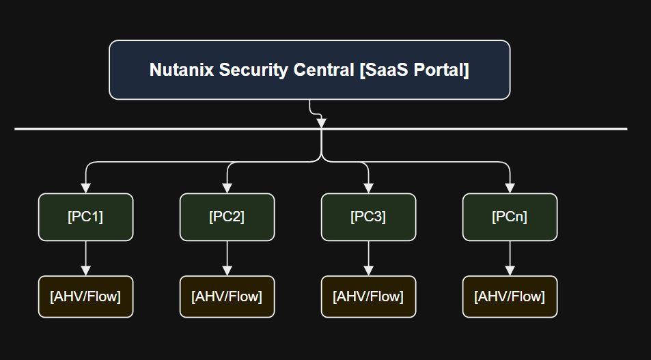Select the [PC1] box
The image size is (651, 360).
point(85,217)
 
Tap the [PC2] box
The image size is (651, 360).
point(227,217)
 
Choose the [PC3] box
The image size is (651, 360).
point(368,217)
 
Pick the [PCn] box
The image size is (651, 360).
point(510,217)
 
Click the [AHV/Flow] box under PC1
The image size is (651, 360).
point(85,296)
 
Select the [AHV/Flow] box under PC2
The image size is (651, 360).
point(227,296)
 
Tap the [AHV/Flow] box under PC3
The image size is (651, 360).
point(368,296)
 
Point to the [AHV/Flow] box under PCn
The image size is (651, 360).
point(510,296)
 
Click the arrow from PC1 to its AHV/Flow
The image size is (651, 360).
point(85,258)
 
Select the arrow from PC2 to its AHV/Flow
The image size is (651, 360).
point(227,258)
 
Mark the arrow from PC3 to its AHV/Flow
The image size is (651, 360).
point(368,258)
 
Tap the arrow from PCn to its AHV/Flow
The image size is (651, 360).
point(510,258)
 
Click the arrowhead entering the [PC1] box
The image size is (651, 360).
point(85,188)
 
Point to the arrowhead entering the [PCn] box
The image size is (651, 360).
point(510,188)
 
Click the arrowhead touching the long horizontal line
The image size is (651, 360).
point(321,123)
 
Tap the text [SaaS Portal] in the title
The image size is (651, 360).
point(414,70)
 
